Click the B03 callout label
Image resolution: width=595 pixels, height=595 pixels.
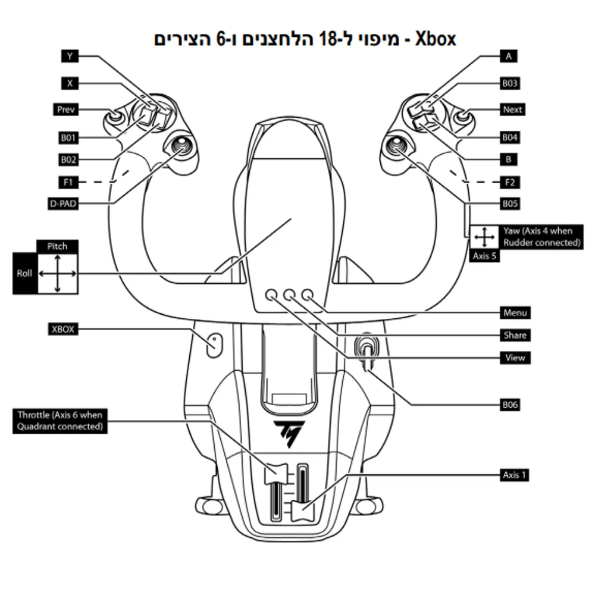pos(509,83)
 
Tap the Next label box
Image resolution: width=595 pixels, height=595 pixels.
pos(512,109)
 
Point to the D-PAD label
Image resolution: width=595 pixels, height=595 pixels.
pos(64,203)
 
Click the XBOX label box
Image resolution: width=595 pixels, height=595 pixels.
pos(63,328)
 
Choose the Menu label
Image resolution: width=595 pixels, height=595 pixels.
pos(515,312)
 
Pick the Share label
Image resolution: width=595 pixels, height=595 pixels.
pos(515,335)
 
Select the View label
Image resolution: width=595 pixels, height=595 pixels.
pos(515,358)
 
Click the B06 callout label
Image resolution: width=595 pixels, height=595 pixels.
pos(509,405)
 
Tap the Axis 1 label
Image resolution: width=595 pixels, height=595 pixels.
pos(515,475)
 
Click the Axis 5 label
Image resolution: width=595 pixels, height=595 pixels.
pos(484,256)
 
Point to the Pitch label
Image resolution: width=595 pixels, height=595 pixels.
pos(57,246)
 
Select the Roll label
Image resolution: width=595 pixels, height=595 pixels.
pos(24,274)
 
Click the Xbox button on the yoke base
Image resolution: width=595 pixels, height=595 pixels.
pos(213,344)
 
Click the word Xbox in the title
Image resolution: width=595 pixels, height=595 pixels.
pos(436,39)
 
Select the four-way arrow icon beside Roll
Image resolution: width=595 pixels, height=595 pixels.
pos(57,274)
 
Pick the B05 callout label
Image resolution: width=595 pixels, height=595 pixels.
pos(509,203)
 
